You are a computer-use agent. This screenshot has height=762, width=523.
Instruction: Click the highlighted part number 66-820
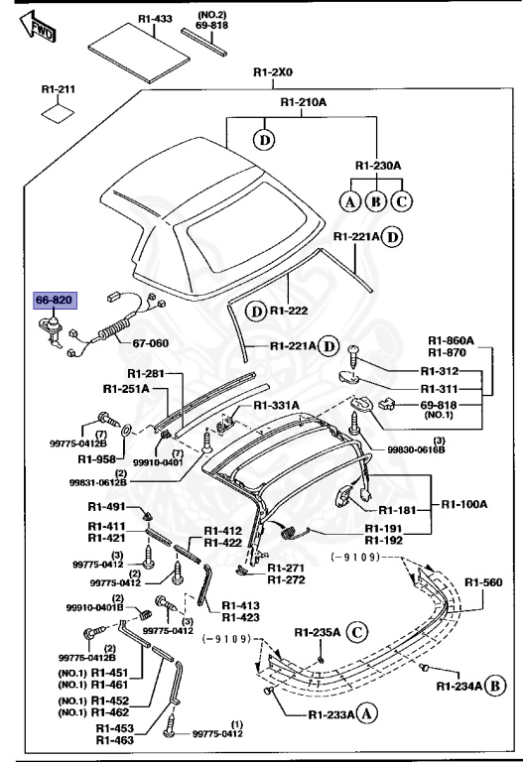[x=56, y=299]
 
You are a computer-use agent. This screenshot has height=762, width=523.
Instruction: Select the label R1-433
[x=155, y=18]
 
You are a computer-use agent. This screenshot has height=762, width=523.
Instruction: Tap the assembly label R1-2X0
[x=275, y=71]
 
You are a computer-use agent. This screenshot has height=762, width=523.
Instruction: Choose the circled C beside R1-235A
[x=356, y=632]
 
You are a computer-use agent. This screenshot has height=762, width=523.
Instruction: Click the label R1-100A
[x=465, y=504]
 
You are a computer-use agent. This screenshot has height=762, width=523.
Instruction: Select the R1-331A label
[x=276, y=406]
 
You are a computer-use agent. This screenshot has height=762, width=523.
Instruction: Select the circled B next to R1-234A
[x=496, y=685]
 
